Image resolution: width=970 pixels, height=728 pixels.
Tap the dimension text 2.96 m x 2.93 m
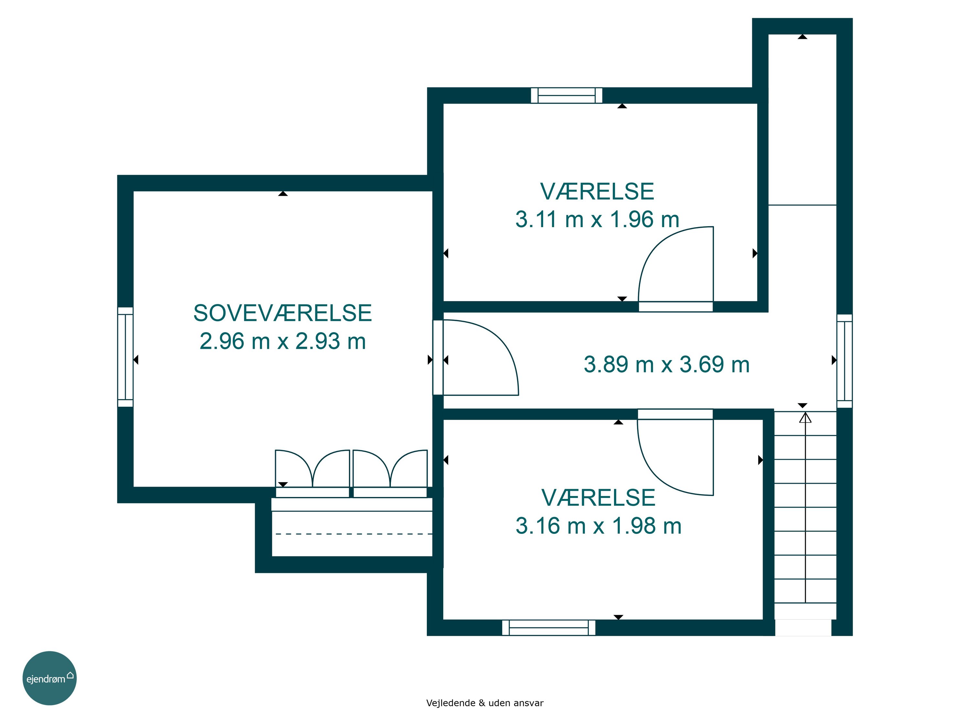(283, 341)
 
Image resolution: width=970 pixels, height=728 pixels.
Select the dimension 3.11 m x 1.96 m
(597, 219)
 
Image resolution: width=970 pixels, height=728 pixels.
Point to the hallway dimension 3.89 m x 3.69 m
(666, 365)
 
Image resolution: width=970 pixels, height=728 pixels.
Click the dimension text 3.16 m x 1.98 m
(598, 526)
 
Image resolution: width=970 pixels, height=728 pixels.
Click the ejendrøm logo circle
(49, 678)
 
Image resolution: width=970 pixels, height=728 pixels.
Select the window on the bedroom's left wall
(125, 357)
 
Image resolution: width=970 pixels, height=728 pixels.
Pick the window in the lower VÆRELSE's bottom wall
(549, 627)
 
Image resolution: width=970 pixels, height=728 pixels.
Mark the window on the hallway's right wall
(845, 361)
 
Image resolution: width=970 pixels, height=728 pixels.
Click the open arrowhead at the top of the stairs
(805, 417)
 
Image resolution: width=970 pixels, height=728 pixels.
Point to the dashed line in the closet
(354, 534)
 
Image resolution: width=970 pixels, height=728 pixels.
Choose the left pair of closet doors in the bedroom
(312, 469)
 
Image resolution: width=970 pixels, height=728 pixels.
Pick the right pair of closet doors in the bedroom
(390, 469)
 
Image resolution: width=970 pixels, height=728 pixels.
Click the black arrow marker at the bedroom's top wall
(283, 193)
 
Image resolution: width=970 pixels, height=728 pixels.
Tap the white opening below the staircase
(803, 627)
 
